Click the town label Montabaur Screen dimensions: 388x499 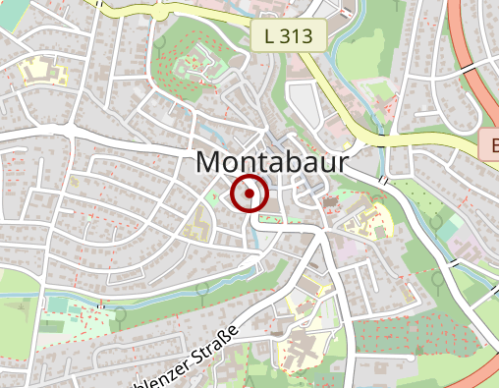pos(272,162)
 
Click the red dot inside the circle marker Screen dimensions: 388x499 pos(250,194)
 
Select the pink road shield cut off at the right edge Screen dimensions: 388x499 pos(490,145)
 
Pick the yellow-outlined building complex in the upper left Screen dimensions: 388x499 pos(35,71)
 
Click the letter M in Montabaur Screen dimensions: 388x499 pos(210,162)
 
